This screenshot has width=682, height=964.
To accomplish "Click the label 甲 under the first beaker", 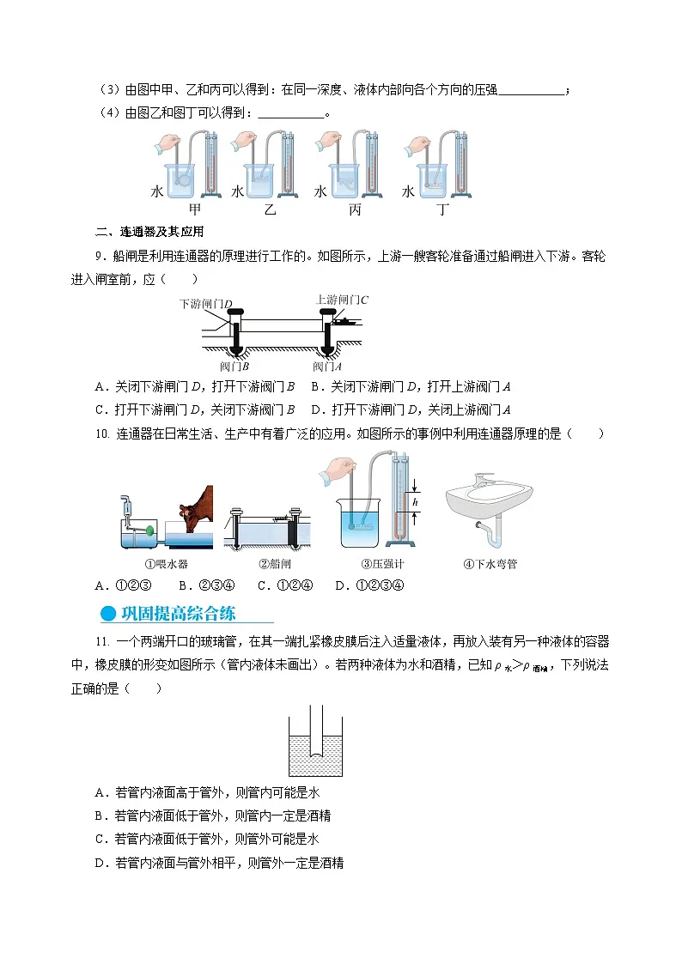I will pyautogui.click(x=194, y=209).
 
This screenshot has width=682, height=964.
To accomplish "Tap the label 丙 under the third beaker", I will pyautogui.click(x=356, y=209).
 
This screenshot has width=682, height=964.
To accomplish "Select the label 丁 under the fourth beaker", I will pyautogui.click(x=441, y=209).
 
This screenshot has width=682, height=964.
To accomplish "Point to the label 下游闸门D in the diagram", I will pyautogui.click(x=206, y=304).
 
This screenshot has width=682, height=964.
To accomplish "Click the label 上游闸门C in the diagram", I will pyautogui.click(x=342, y=299).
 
